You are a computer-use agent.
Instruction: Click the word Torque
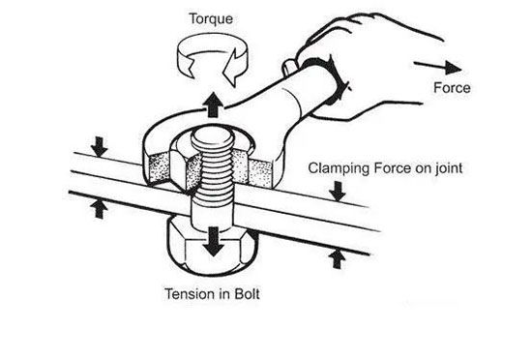(x=211, y=18)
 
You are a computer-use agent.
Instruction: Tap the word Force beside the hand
(x=452, y=88)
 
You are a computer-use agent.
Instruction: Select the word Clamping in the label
(x=339, y=168)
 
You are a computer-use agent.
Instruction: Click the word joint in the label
(x=449, y=168)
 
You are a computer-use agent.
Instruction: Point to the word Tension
(x=191, y=294)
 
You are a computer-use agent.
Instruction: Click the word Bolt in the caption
(x=247, y=294)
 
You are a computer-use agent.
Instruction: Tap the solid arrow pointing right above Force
(x=437, y=67)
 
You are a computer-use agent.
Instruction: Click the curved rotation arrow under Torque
(x=213, y=59)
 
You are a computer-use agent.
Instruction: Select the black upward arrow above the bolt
(x=213, y=105)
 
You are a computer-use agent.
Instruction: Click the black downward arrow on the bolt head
(x=214, y=242)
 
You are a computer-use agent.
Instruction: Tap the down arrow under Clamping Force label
(x=338, y=191)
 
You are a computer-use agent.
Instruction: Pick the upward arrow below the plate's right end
(x=337, y=258)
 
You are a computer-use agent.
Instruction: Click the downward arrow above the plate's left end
(x=99, y=147)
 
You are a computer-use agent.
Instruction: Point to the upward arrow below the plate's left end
(x=99, y=209)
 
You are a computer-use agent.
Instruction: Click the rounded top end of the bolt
(x=213, y=137)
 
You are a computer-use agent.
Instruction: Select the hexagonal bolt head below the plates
(x=212, y=247)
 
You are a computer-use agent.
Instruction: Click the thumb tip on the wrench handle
(x=288, y=67)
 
